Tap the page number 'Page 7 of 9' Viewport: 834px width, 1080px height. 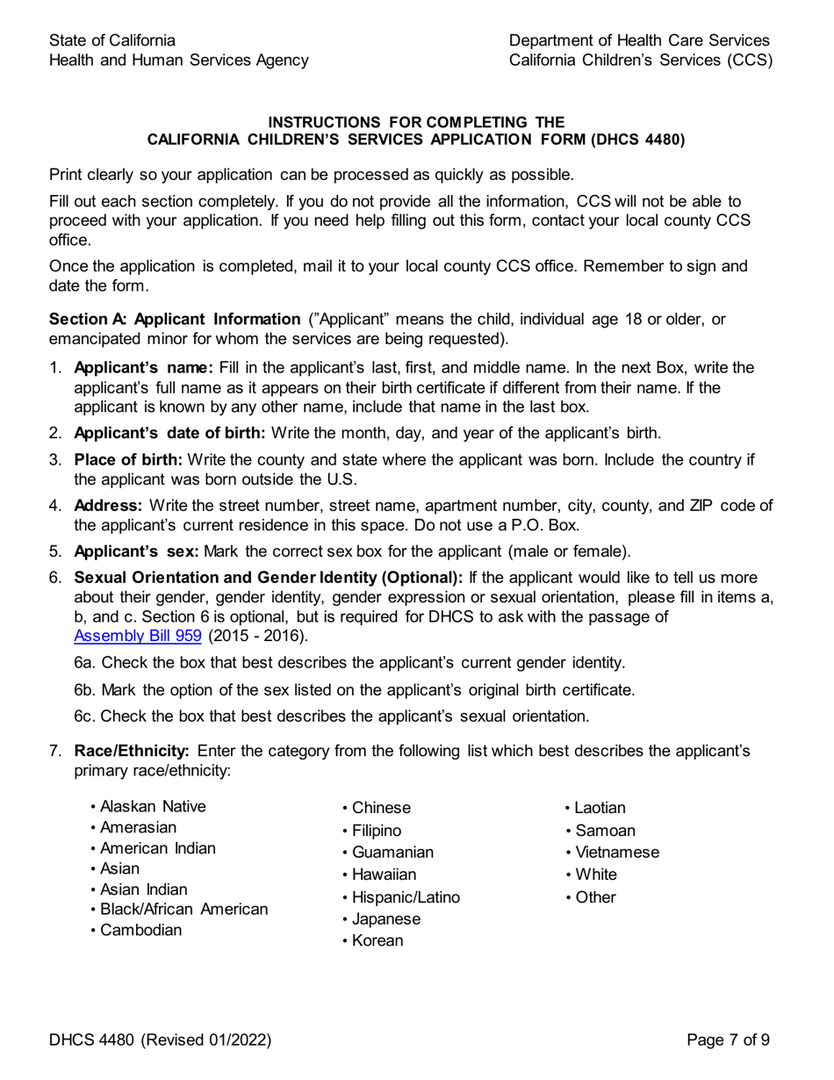(x=729, y=1041)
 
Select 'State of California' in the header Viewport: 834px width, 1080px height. (x=111, y=40)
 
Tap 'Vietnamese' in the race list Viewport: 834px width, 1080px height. (x=616, y=853)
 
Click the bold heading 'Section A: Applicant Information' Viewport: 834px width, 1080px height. (x=175, y=319)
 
